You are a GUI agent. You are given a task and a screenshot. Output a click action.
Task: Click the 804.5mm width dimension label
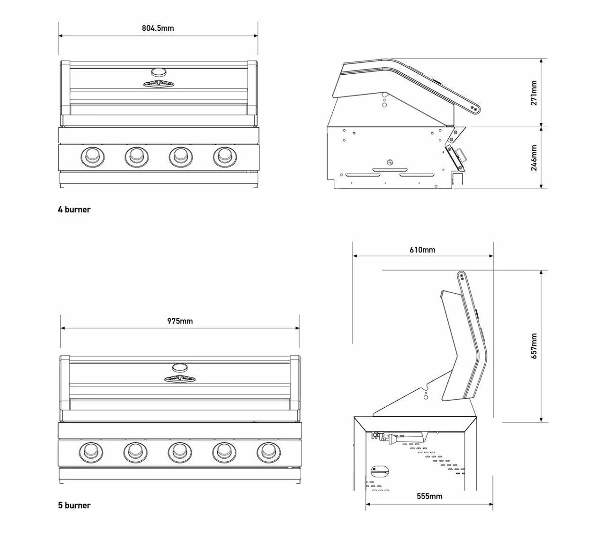coord(158,28)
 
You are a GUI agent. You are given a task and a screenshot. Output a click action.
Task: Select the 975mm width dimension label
coord(180,321)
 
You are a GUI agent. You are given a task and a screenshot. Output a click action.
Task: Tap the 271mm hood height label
coord(534,93)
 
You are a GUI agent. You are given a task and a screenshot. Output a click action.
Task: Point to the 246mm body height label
coord(534,158)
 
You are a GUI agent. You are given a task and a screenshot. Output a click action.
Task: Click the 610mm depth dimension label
coord(422,249)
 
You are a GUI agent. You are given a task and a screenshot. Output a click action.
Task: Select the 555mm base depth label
coord(429,496)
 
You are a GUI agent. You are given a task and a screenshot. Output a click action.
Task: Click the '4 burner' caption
coord(74,210)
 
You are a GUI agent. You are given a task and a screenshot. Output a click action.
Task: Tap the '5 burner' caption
coord(74,505)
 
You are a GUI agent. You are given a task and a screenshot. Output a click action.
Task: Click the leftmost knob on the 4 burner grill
coord(91,156)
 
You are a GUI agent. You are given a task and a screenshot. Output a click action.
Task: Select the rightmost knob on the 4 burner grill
coord(223,156)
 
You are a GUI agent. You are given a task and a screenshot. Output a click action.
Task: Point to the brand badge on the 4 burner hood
coord(159,84)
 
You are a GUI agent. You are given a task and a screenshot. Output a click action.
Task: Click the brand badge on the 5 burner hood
coord(179,378)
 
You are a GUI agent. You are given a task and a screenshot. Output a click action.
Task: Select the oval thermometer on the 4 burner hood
coord(159,72)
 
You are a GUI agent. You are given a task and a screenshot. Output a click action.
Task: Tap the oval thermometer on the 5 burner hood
coord(179,367)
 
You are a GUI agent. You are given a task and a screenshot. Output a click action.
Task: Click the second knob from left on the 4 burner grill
coord(135,156)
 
